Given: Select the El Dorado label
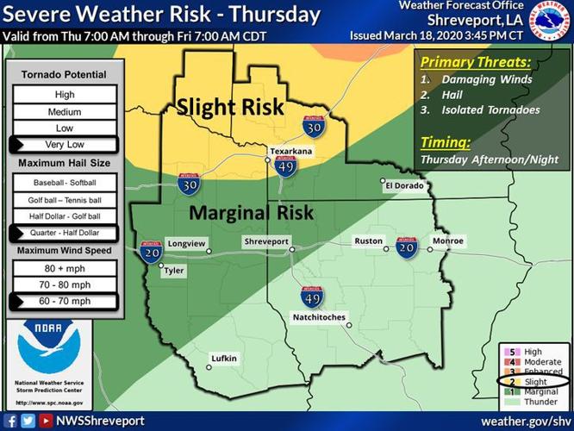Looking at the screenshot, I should (x=404, y=184).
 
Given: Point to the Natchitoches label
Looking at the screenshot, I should (x=319, y=318).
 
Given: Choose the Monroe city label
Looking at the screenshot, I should (x=447, y=242).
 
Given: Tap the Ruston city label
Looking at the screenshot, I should (x=369, y=242).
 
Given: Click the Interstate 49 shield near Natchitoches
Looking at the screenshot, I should (x=312, y=298).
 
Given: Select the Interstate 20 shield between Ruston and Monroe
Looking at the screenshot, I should (x=408, y=247).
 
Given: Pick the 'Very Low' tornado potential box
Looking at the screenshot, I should (x=66, y=144).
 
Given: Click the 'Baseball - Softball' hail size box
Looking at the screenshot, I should (x=66, y=184).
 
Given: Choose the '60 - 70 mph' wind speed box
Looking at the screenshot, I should (x=66, y=301).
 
